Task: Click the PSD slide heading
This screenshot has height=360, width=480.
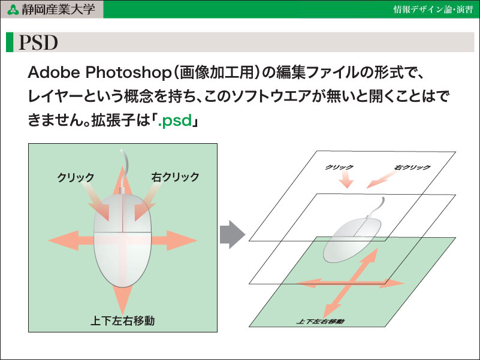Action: [x=38, y=43]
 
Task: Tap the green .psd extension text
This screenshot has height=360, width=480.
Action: [x=175, y=120]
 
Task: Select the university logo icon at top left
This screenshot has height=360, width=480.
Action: [x=13, y=10]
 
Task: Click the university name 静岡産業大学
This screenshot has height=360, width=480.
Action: [x=58, y=9]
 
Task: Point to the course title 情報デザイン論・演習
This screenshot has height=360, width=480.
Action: [x=433, y=10]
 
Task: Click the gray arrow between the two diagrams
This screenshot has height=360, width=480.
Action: [x=233, y=234]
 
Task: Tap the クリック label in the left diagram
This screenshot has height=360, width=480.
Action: [x=76, y=177]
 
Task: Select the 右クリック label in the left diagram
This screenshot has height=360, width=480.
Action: [x=175, y=177]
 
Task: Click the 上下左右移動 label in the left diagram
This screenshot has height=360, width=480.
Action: [x=122, y=320]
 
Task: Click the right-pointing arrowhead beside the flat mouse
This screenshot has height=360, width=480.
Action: [x=181, y=241]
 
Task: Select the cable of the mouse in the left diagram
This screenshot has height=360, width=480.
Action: [x=124, y=171]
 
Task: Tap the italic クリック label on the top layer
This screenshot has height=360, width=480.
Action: [x=339, y=167]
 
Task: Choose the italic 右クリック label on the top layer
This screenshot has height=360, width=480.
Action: [x=412, y=167]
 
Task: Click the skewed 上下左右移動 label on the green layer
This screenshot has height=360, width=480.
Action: [x=320, y=322]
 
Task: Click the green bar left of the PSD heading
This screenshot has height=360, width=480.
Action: [x=10, y=42]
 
